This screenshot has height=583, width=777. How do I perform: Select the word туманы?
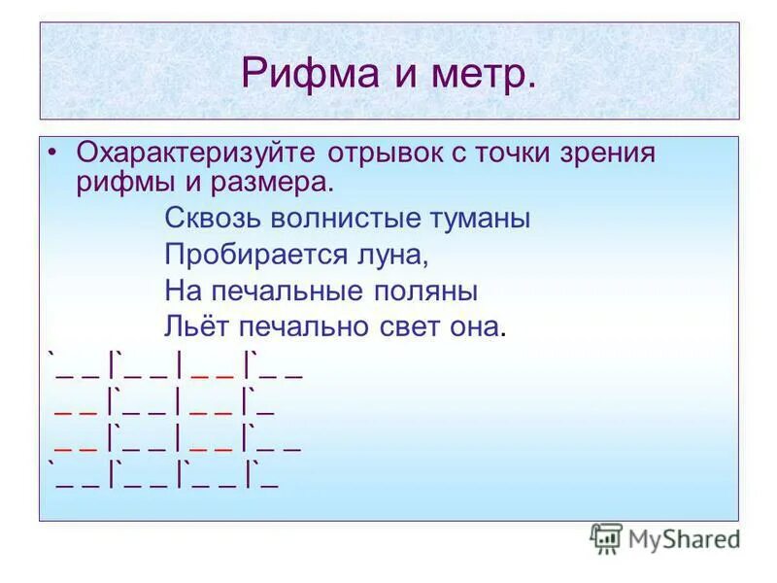coord(479,219)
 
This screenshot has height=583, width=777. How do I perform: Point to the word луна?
coord(395,255)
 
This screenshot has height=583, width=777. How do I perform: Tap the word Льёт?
coord(195,326)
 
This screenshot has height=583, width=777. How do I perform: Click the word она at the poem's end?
coord(476,326)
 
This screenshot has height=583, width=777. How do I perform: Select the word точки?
coord(513,154)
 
